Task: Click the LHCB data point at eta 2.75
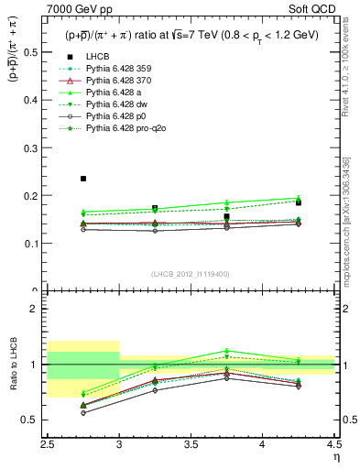83,179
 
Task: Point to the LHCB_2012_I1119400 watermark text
190,274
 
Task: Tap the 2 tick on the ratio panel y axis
37,309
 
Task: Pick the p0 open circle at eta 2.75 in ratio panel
83,413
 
